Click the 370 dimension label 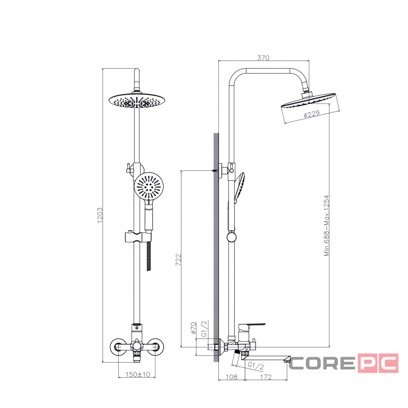pos(263,58)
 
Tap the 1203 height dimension pos(100,215)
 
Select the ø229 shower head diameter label pos(311,114)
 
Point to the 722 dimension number pos(178,260)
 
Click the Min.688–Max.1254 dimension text pos(326,225)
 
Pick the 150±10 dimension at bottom pos(138,374)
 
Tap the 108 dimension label pos(231,377)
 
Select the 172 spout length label pos(266,377)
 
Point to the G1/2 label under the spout pos(256,366)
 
